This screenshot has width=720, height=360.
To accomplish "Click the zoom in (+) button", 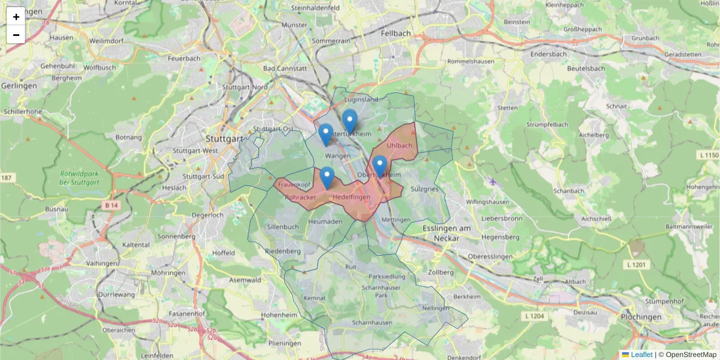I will coord(16,16).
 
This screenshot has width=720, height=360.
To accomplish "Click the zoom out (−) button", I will coord(16,35).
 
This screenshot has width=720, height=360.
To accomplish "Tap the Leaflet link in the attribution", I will coord(641,355).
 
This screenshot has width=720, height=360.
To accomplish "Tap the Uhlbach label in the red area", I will coord(400,145).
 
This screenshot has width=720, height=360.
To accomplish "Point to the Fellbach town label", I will coord(396,34).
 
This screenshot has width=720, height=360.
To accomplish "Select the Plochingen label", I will coord(641,317).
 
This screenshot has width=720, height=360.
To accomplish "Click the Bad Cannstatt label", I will coord(285,68).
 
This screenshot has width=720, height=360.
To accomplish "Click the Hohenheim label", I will coord(280,314).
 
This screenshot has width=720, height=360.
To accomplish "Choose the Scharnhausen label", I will coord(373,323).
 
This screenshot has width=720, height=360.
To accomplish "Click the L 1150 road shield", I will coord(709,155).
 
